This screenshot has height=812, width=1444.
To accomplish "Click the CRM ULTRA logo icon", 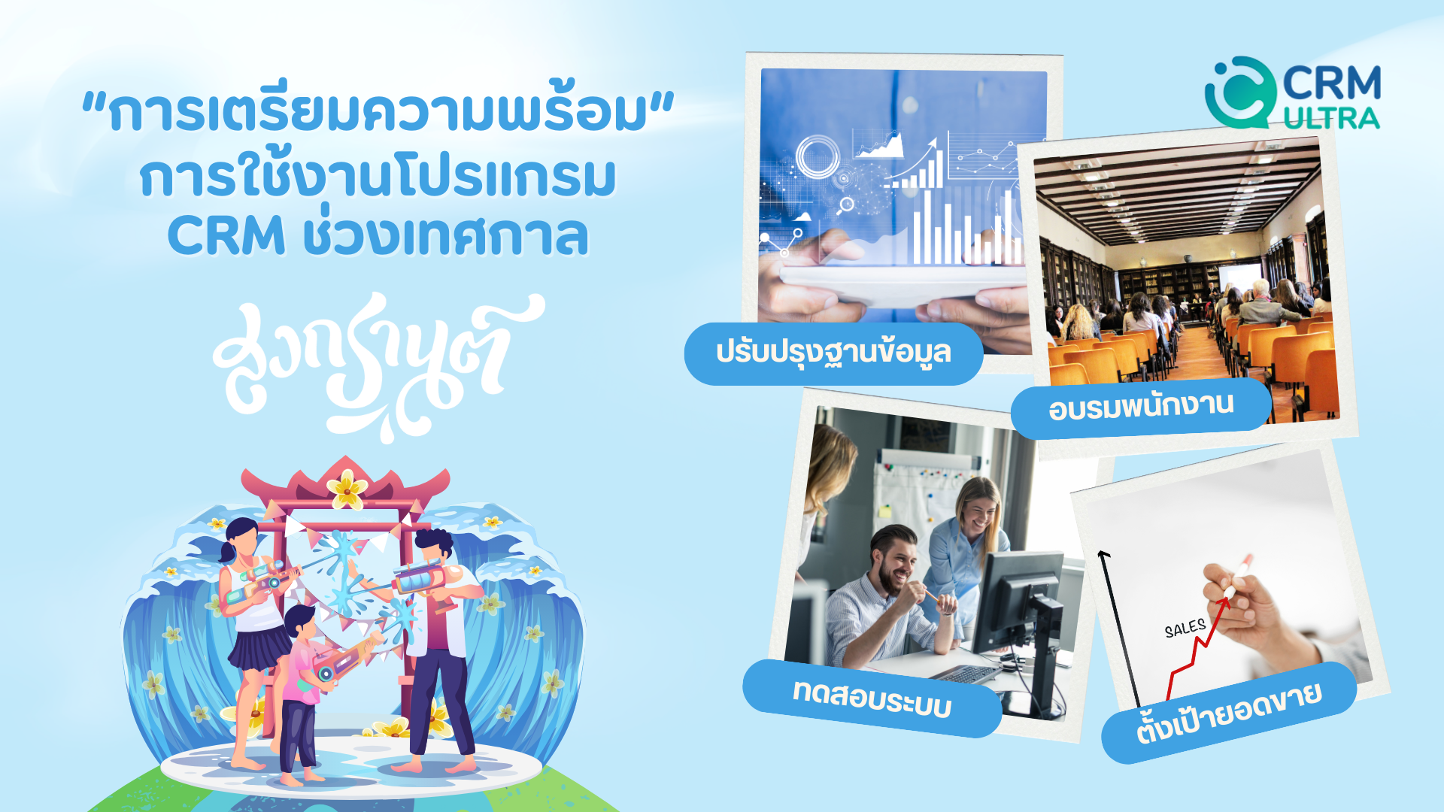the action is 1240,92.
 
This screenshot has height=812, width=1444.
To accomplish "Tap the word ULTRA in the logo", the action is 1331,118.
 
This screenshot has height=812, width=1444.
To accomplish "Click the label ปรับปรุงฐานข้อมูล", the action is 833,353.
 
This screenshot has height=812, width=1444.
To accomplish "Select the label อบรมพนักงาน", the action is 1141,406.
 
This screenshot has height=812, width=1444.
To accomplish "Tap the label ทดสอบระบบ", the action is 872,698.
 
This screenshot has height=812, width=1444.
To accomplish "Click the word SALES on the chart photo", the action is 1185,628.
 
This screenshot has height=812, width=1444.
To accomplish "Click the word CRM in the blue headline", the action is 226,235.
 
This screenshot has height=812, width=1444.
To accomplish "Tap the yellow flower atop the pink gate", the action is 347,488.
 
